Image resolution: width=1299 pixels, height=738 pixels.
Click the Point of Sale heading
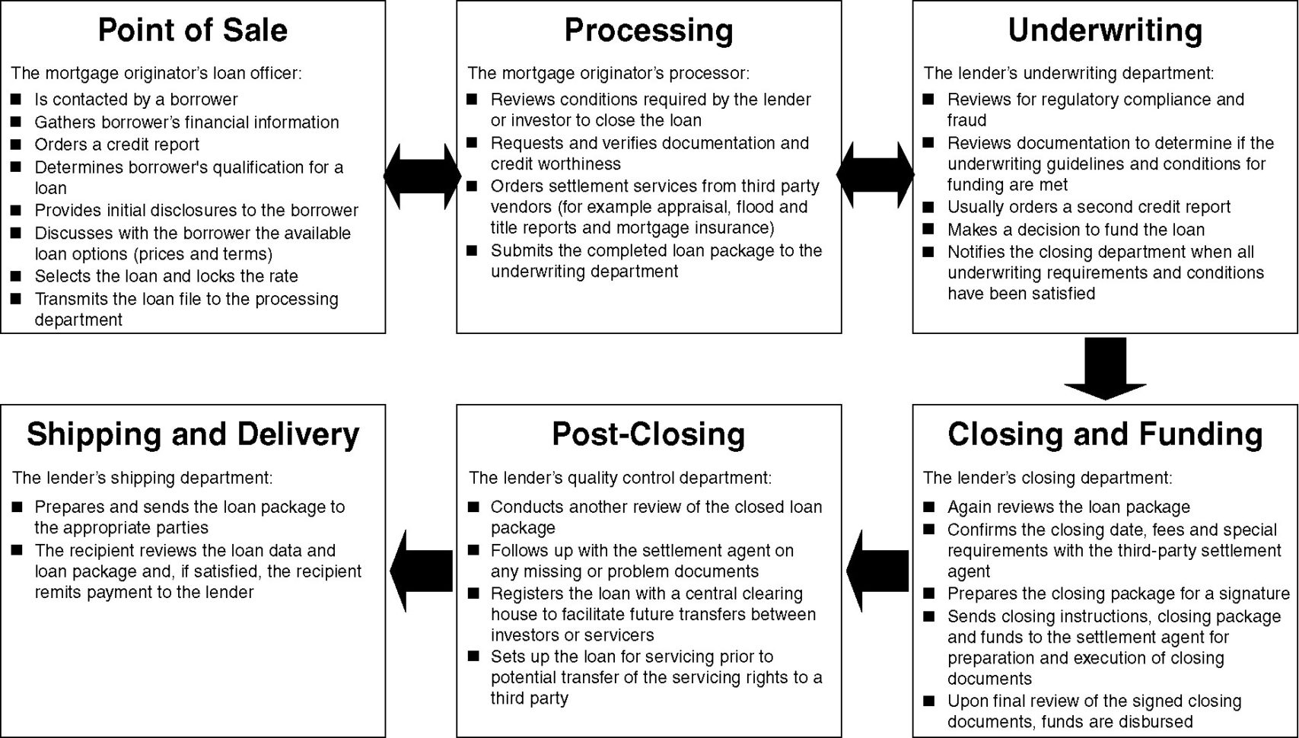coord(193,30)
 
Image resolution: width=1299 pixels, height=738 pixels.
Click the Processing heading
coord(648,30)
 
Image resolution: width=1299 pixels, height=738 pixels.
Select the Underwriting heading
coord(1105,30)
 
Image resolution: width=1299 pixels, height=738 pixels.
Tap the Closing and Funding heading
coord(1105,434)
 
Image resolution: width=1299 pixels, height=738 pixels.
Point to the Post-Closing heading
coord(648,434)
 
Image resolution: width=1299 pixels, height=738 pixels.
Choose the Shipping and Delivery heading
coord(193,434)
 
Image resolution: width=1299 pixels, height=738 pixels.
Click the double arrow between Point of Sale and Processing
coord(422,176)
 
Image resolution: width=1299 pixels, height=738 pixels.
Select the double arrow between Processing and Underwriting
coord(875,175)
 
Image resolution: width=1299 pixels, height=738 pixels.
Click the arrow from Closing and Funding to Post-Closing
coord(877,571)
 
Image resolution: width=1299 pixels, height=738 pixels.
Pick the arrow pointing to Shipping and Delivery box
coord(421,571)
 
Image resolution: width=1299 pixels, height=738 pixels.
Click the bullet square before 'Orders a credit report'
coord(16,144)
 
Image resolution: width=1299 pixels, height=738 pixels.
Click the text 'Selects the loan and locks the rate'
coord(166,276)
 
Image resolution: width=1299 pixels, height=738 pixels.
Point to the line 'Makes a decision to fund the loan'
coord(1075,230)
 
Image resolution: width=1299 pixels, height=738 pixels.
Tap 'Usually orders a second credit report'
coord(1088,207)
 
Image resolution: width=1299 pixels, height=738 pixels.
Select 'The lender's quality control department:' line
coord(619,478)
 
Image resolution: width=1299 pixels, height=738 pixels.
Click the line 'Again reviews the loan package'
coord(1068,507)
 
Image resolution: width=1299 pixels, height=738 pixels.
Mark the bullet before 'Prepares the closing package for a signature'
coord(928,593)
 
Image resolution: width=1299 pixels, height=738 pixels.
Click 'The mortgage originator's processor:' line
coord(608,73)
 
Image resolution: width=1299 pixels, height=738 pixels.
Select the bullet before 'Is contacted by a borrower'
coord(16,99)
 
